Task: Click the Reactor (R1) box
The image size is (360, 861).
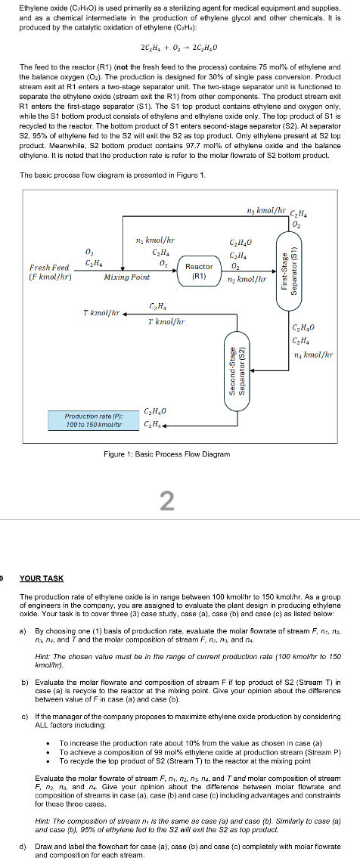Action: click(x=199, y=271)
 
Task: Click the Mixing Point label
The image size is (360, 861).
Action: click(x=126, y=277)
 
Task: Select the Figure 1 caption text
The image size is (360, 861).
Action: click(x=167, y=454)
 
